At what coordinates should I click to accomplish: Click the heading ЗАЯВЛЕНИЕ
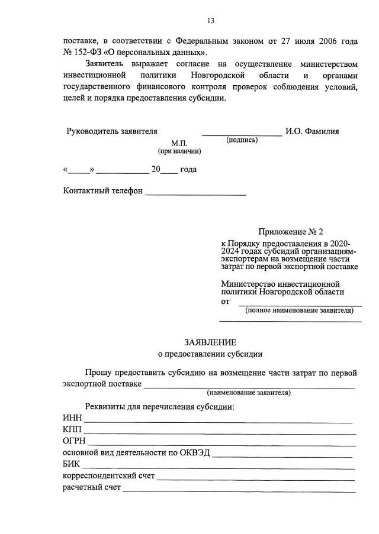coord(210,342)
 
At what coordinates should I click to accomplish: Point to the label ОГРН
coord(75,441)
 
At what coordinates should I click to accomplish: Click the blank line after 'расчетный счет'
coord(239,490)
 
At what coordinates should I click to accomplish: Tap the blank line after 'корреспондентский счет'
coord(256,478)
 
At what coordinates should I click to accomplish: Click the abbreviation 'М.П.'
coord(179,144)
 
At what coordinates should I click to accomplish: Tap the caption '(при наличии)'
coord(179,151)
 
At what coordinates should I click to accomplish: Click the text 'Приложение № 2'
coord(291,231)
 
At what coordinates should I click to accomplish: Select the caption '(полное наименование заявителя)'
coord(299,310)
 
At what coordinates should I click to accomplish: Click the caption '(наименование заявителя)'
coord(248,393)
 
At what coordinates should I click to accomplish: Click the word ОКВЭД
coord(195,453)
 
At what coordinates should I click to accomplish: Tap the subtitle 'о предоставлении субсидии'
coord(210,354)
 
